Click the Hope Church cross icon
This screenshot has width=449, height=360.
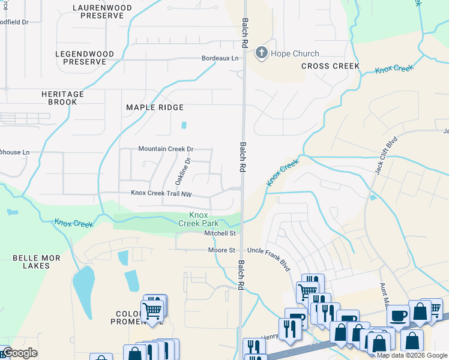click(x=262, y=53)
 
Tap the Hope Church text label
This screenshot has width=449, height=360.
click(x=295, y=54)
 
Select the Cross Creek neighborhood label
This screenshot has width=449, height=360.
click(x=330, y=66)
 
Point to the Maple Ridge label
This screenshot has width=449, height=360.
click(x=154, y=107)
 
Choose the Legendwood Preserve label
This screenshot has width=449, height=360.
click(x=85, y=58)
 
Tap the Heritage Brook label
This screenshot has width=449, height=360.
click(x=62, y=98)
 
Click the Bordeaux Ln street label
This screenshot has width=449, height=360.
click(x=219, y=58)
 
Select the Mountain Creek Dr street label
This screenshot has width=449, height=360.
click(x=166, y=149)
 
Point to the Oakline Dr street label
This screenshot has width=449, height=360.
click(x=182, y=171)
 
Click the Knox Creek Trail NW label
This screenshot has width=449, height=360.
click(x=161, y=193)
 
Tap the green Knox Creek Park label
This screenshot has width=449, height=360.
click(x=198, y=219)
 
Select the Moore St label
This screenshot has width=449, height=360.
click(x=221, y=250)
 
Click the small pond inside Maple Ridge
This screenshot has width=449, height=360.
click(x=184, y=126)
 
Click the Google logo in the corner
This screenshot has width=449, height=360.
click(x=19, y=353)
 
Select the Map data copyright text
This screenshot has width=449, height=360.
click(x=412, y=355)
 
